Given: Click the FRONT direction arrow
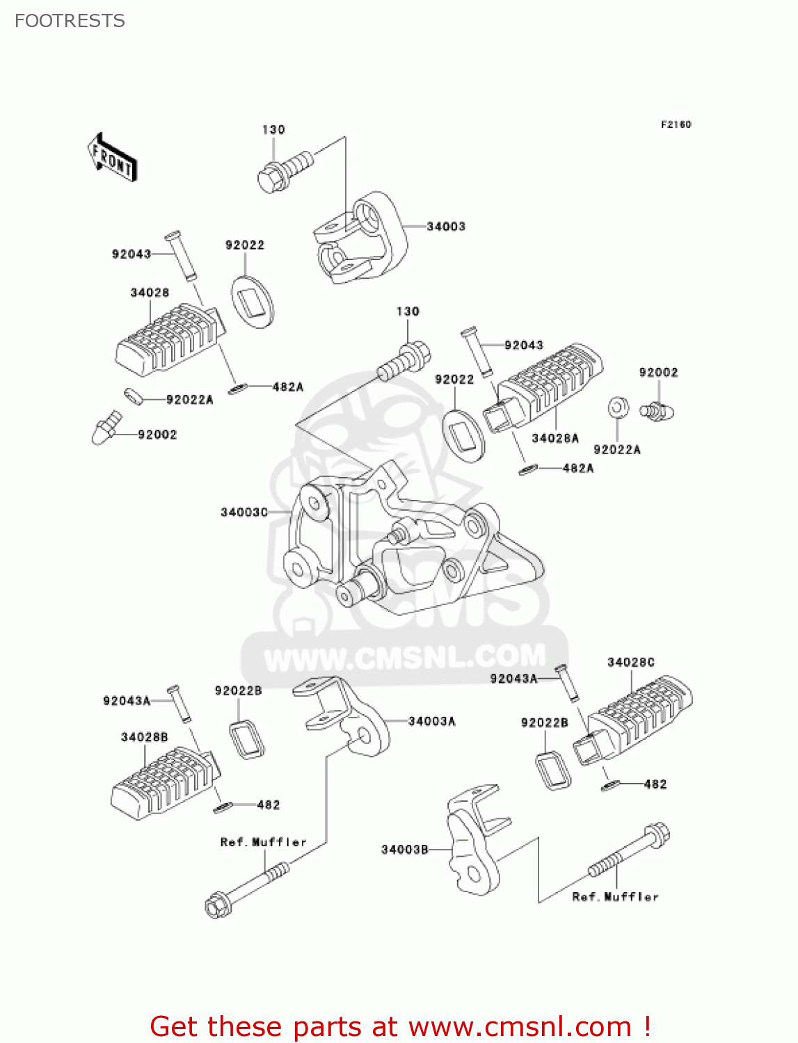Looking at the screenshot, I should point(112,158).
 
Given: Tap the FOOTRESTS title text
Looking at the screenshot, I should point(70,21).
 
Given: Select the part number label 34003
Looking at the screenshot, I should point(445,227).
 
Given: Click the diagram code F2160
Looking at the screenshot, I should point(676,124).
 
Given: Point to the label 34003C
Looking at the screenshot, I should point(244,512).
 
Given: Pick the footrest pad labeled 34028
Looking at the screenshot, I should point(170,339).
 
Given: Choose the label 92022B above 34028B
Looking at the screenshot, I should point(238,690).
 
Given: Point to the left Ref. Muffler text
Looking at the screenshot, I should point(263,842).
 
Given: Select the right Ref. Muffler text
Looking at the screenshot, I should point(615,897).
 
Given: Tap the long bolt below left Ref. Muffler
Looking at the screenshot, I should point(246,890).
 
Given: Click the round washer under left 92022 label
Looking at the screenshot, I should point(252,302).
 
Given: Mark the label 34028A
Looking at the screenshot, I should point(554,438).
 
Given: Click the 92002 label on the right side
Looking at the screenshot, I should point(658,373).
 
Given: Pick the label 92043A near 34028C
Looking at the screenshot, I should point(513,679).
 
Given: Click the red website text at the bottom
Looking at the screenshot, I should point(400,1026).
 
